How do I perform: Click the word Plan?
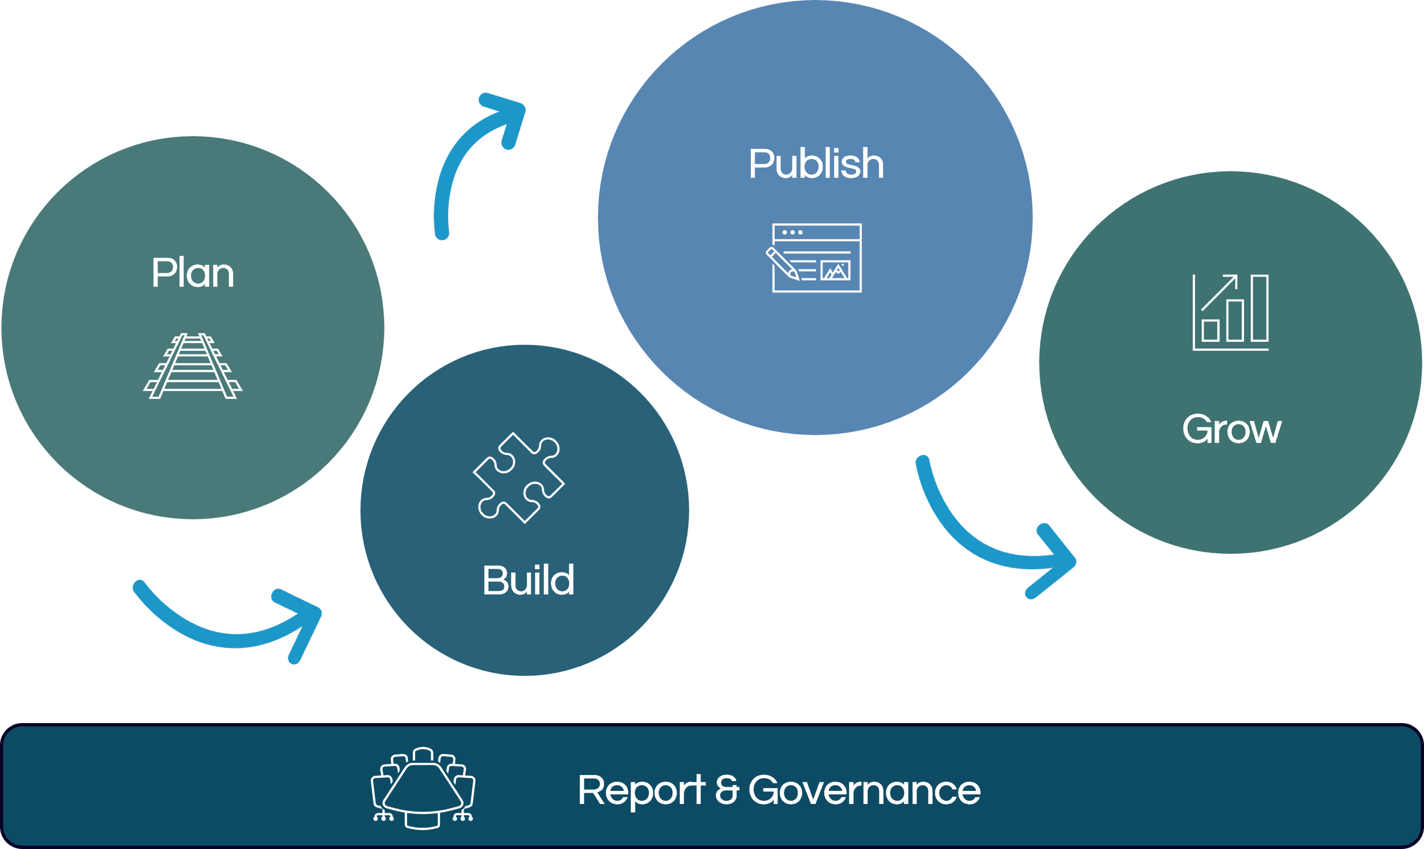[x=193, y=274]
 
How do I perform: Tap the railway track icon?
[x=193, y=366]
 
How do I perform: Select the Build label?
[x=528, y=581]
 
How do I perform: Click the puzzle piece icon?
[x=519, y=477]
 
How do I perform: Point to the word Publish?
[x=816, y=164]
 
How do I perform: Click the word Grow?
[x=1231, y=430]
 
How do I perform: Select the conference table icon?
[x=423, y=788]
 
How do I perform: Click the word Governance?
[x=865, y=791]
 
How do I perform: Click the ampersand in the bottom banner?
[x=727, y=791]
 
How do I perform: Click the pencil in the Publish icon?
[x=782, y=264]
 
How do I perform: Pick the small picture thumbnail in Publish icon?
[x=836, y=270]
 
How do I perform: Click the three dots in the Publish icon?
[x=792, y=233]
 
